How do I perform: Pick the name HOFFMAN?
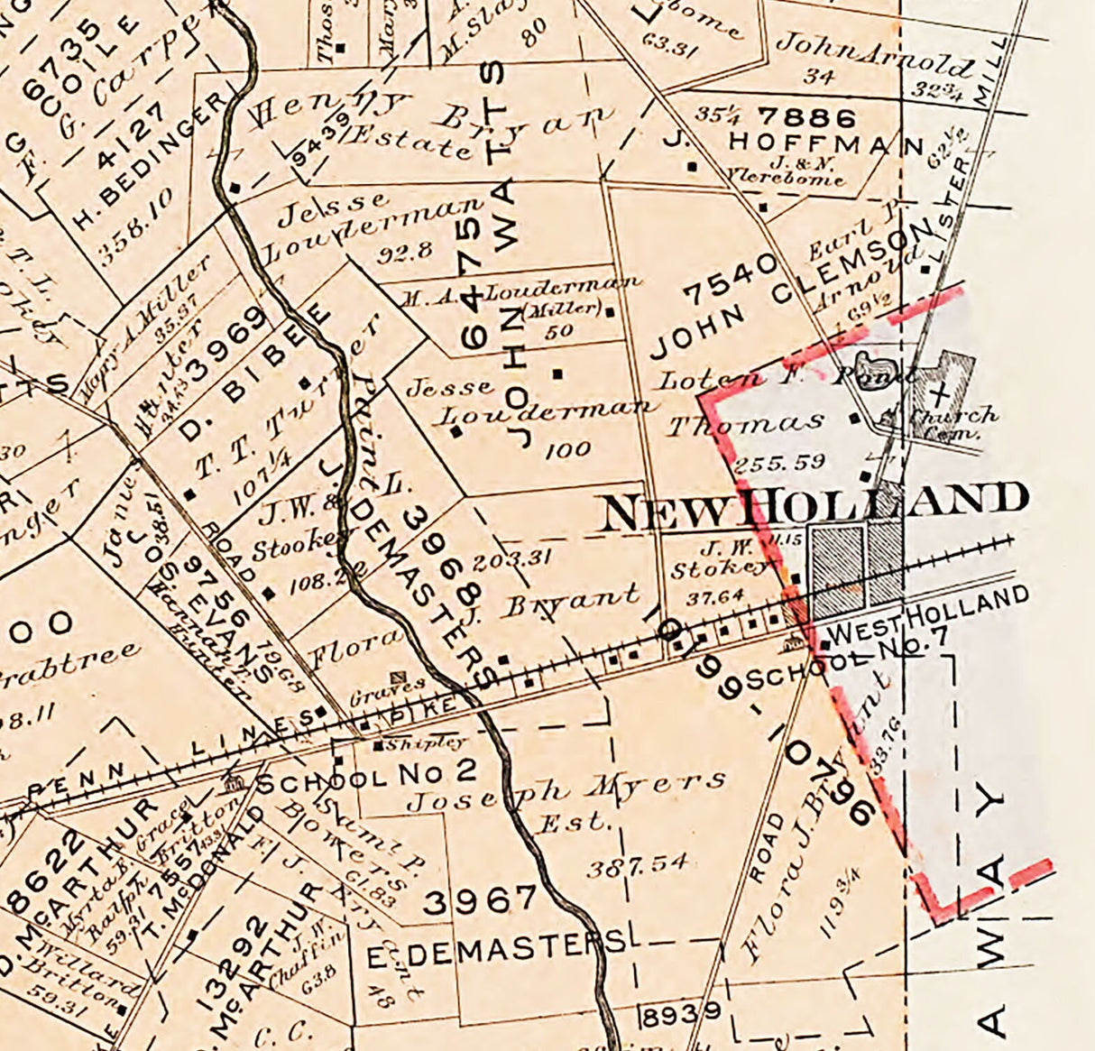[x=826, y=143]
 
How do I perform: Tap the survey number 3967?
[x=480, y=899]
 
